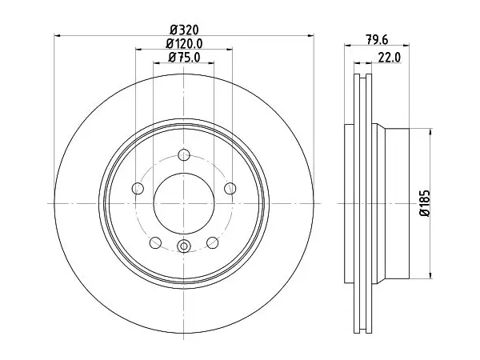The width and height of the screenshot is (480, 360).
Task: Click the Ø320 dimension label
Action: click(184, 30)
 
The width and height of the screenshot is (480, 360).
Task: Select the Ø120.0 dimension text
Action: click(184, 43)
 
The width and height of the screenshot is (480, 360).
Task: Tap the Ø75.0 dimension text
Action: click(184, 58)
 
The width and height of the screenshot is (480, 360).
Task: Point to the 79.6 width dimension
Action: click(377, 39)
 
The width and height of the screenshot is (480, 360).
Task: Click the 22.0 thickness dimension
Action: click(390, 58)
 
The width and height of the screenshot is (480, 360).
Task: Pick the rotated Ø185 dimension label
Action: click(425, 203)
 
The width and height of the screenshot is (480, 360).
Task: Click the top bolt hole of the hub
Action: click(184, 154)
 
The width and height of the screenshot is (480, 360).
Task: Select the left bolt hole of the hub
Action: click(138, 188)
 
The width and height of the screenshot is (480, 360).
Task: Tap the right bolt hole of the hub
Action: click(230, 188)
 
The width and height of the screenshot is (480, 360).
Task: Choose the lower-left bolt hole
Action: click(155, 242)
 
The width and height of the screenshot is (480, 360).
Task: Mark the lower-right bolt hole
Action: click(213, 242)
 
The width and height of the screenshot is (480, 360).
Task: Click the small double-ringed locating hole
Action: click(184, 246)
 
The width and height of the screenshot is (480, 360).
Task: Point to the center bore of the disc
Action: click(184, 203)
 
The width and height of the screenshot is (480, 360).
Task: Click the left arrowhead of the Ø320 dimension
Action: click(58, 36)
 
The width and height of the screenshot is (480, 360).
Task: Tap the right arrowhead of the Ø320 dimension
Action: click(310, 36)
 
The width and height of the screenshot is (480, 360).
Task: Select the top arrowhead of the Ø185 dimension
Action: click(431, 132)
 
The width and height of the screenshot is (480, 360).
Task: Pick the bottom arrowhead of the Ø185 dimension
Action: click(431, 275)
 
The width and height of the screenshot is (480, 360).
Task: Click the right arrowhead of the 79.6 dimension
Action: click(406, 46)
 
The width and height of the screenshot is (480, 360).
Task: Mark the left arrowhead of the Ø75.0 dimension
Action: click(157, 63)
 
